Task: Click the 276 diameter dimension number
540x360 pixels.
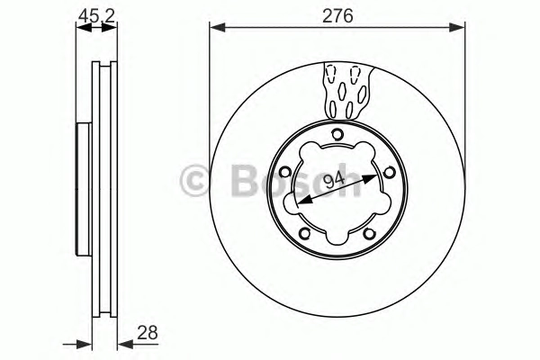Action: click(337, 16)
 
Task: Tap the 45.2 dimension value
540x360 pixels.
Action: click(97, 16)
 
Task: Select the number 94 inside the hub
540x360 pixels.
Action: click(335, 180)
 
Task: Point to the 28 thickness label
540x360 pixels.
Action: click(148, 333)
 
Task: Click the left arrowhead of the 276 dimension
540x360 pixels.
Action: click(217, 28)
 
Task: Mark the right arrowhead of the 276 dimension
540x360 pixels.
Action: click(457, 28)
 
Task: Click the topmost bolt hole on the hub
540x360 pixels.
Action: click(337, 134)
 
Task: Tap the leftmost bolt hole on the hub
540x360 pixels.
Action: click(285, 172)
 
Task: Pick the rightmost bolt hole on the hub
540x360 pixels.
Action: click(389, 172)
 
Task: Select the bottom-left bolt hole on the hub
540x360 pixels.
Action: click(305, 233)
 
